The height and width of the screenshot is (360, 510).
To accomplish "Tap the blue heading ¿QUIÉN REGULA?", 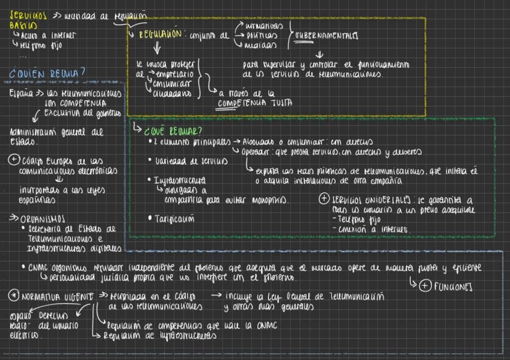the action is pyautogui.click(x=47, y=74).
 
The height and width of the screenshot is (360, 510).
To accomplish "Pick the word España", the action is pyautogui.click(x=21, y=94).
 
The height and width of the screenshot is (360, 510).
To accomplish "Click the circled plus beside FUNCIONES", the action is pyautogui.click(x=425, y=287).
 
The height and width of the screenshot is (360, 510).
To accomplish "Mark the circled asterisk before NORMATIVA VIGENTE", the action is pyautogui.click(x=13, y=296).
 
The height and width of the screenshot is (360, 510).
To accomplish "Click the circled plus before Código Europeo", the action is pyautogui.click(x=13, y=161).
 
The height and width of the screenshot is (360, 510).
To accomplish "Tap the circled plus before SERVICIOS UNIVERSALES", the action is pyautogui.click(x=323, y=200).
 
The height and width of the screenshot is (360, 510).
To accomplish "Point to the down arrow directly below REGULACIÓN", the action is pyautogui.click(x=158, y=48).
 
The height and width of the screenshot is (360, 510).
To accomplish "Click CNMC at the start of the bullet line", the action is pyautogui.click(x=37, y=267).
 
